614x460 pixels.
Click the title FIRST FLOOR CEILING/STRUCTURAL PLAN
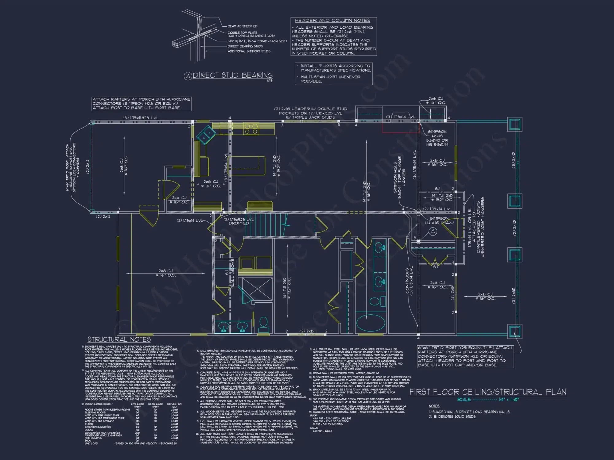click(x=488, y=392)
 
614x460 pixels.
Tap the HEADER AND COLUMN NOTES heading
click(x=332, y=21)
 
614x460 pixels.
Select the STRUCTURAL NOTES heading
click(x=119, y=339)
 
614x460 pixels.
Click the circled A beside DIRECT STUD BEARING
click(x=188, y=76)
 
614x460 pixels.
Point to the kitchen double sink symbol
click(x=206, y=134)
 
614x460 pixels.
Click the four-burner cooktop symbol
click(x=251, y=129)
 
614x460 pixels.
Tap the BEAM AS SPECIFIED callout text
click(x=242, y=26)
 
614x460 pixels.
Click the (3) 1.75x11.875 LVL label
click(x=141, y=118)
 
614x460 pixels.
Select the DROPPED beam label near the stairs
click(x=239, y=223)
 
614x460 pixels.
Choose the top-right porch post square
click(x=514, y=125)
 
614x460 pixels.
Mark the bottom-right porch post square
click(x=514, y=331)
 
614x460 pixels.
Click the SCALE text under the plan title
click(x=464, y=400)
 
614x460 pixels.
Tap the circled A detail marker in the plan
click(x=433, y=232)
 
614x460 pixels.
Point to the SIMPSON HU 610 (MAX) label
click(x=439, y=220)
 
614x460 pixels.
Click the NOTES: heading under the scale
click(x=434, y=406)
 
